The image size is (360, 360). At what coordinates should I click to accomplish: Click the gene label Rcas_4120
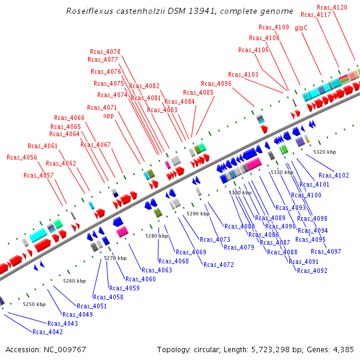(x=332, y=7)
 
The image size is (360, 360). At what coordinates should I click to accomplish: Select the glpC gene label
(x=301, y=28)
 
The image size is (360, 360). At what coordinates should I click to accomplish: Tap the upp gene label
(x=109, y=116)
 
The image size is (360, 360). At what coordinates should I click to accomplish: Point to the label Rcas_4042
(x=47, y=332)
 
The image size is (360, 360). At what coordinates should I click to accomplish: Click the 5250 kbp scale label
(x=34, y=304)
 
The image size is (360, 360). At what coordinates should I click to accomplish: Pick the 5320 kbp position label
(x=325, y=152)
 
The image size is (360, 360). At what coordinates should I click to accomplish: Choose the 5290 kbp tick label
(x=198, y=214)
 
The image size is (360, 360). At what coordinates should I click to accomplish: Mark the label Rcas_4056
(x=22, y=157)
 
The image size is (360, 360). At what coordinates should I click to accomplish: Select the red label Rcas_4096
(x=216, y=83)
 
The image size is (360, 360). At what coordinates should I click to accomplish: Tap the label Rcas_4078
(x=105, y=52)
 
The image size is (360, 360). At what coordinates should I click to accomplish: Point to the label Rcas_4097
(x=326, y=251)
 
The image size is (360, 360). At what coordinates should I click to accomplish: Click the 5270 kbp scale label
(x=115, y=258)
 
